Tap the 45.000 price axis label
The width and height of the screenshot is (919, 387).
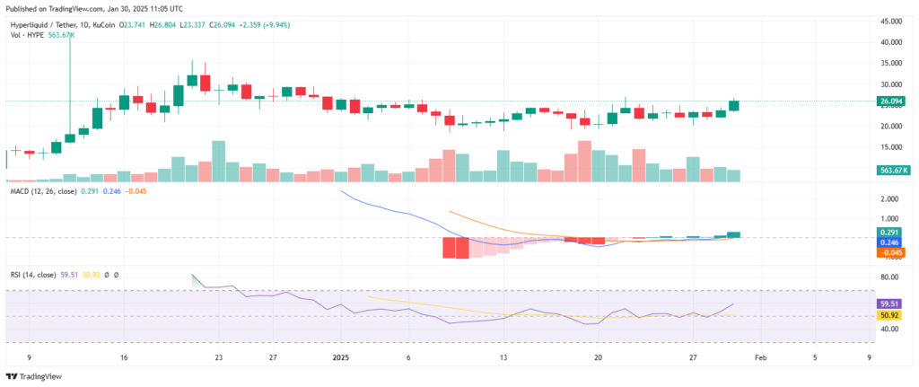[x=890, y=21]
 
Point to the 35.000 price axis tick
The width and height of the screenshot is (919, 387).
[x=890, y=63]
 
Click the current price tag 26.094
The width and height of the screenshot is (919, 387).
[x=890, y=101]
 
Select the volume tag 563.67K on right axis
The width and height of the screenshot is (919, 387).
[x=892, y=169]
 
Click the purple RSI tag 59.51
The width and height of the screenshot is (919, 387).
[x=890, y=304]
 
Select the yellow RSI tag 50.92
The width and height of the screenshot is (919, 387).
[x=890, y=315]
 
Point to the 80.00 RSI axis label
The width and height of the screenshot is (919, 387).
[x=890, y=277]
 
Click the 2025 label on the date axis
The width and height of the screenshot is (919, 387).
[x=341, y=356]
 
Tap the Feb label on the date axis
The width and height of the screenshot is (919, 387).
[x=759, y=356]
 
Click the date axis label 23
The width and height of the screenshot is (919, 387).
[x=218, y=356]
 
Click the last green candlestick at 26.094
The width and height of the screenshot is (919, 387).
[x=734, y=105]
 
